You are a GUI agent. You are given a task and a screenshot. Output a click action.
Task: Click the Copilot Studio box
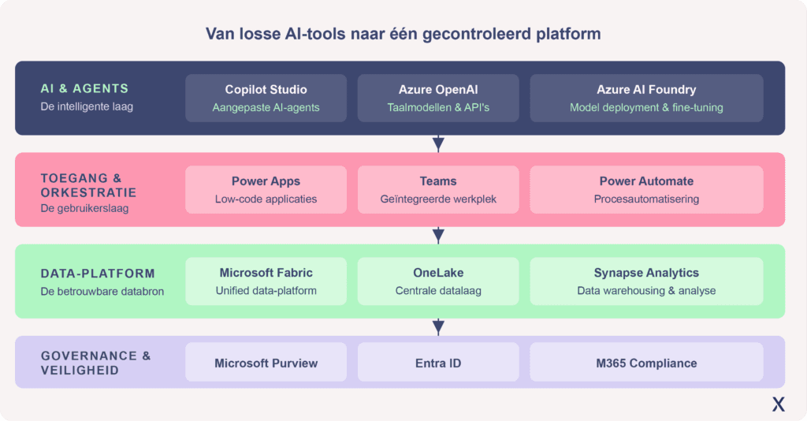[x=266, y=98]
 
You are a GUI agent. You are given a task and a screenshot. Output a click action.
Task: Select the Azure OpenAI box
[x=438, y=98]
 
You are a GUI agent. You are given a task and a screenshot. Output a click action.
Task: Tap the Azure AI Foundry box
[x=646, y=98]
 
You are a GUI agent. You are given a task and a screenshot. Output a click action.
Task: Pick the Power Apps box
[x=266, y=189]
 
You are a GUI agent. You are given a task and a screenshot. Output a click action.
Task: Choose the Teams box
[x=438, y=189]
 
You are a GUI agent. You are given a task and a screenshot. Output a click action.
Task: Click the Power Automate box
[x=646, y=189]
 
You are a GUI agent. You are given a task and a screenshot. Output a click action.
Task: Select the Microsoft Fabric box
[x=266, y=281]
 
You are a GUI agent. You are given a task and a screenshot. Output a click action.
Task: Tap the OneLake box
[x=438, y=281]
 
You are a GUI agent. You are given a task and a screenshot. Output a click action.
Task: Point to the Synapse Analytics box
[x=646, y=281]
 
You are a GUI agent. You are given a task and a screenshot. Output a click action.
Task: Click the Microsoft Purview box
[x=266, y=363]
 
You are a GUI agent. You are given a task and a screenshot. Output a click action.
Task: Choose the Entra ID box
[x=438, y=363]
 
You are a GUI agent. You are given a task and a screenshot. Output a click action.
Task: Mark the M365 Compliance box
[x=646, y=363]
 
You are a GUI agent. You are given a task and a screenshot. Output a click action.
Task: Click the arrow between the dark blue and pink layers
[x=438, y=143]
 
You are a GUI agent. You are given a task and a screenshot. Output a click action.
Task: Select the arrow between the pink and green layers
[x=438, y=235]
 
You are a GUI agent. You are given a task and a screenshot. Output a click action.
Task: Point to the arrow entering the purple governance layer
[x=438, y=327]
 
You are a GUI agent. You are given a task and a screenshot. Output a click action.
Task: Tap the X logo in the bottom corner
[x=778, y=404]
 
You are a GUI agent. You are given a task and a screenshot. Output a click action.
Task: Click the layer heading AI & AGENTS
[x=84, y=88]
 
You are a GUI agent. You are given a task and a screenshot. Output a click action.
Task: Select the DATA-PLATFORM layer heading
[x=98, y=274]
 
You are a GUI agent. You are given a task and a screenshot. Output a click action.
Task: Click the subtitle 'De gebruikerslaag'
[x=84, y=208]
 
